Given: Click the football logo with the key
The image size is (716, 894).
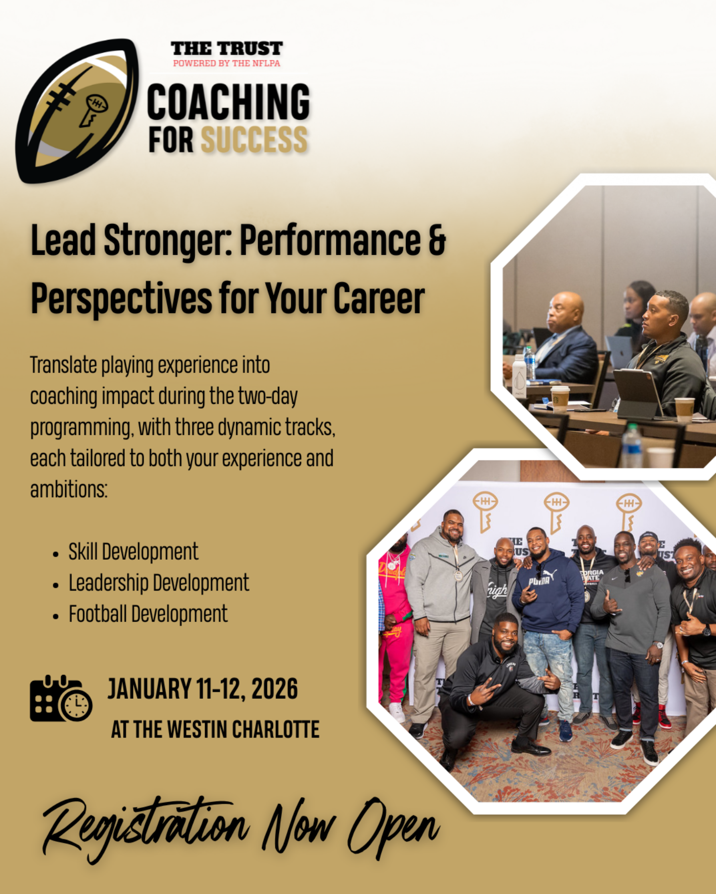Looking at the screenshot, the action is pos(77,110).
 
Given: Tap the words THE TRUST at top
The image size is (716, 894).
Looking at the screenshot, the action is pos(227,49).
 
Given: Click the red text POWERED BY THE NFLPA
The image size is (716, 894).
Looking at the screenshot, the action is pos(227,64).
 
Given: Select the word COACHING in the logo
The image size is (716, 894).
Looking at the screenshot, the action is pos(229,102).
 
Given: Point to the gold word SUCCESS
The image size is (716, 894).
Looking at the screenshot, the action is pos(255,140).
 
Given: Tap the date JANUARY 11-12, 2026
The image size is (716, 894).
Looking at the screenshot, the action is pos(203,689).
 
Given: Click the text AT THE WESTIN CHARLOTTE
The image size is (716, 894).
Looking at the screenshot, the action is pos(215,730).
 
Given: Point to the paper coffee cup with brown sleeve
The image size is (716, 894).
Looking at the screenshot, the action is pos(560,398).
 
